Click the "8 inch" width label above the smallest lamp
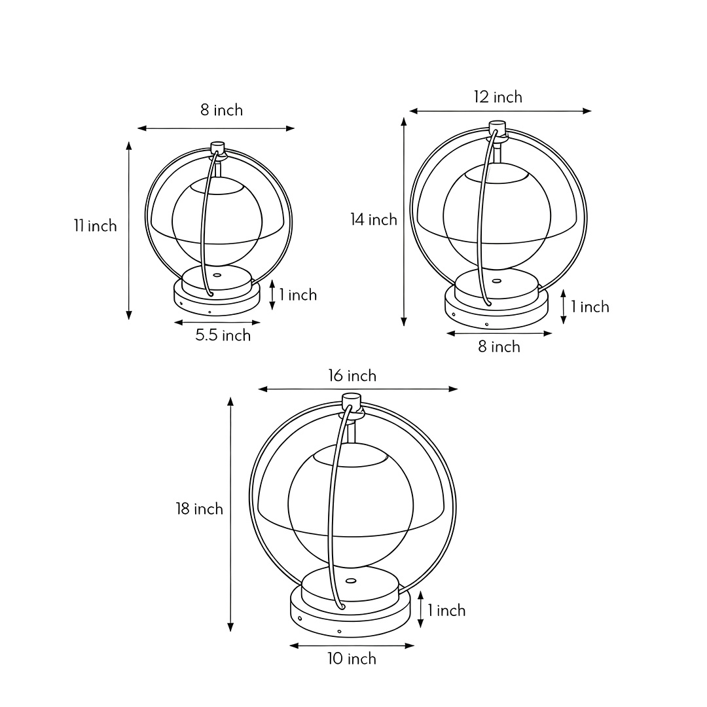click(x=221, y=110)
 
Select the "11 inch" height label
click(x=95, y=226)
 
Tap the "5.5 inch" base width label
click(x=223, y=336)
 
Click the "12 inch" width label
click(x=498, y=97)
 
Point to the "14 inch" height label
click(x=374, y=220)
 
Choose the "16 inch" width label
click(x=352, y=376)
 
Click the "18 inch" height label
click(x=199, y=509)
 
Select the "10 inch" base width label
click(x=352, y=659)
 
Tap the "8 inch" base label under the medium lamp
click(x=499, y=347)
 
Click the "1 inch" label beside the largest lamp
click(x=446, y=611)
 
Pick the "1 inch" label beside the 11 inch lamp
click(x=298, y=295)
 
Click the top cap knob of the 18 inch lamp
click(x=352, y=399)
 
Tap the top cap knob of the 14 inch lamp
click(x=498, y=126)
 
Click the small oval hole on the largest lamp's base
click(x=351, y=580)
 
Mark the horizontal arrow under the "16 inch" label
click(x=358, y=390)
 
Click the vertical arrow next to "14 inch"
click(x=404, y=223)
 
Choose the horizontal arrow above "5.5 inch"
click(x=217, y=322)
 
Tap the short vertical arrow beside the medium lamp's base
click(x=564, y=307)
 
